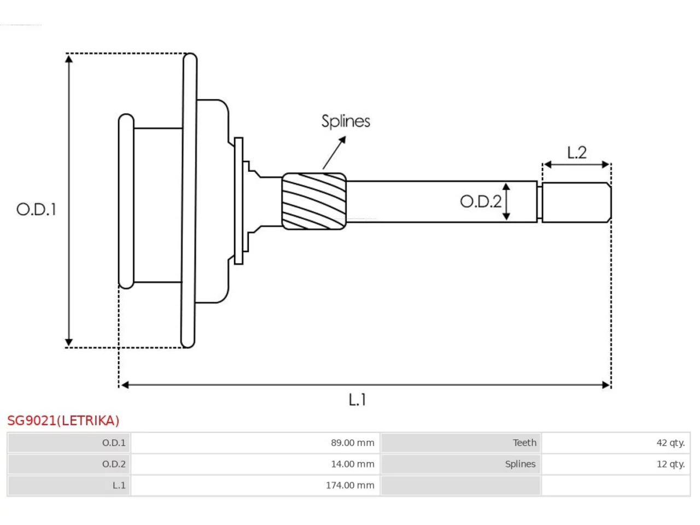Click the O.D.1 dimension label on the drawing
coord(36,209)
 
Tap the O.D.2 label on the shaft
coord(481,201)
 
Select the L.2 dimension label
coord(576,153)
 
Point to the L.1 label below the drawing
coord(357,399)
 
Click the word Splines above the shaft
coord(346,121)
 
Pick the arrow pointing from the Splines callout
coord(334,153)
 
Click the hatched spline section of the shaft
coord(314,201)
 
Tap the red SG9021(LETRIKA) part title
coord(63,421)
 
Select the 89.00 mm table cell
coord(352,443)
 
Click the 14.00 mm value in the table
coord(352,464)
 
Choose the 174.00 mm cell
coord(350,486)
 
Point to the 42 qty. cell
coord(670,443)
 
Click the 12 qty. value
coord(670,464)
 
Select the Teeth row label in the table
coord(524,443)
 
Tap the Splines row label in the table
coord(520,464)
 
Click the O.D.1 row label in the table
coord(114,443)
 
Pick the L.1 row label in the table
coord(119,486)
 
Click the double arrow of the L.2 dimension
coord(576,165)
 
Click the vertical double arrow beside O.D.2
coord(506,201)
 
